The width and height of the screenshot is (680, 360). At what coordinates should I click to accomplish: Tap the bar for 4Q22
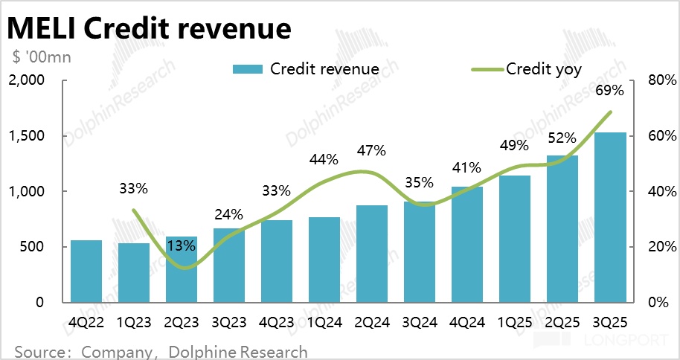pos(86,271)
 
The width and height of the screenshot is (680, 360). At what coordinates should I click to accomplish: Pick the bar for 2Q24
pos(371,254)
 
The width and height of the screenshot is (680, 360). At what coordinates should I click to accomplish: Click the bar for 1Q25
pos(514,239)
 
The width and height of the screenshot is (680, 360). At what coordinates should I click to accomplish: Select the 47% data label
pos(371,150)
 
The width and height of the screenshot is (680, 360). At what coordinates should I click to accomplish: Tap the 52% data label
pos(562,138)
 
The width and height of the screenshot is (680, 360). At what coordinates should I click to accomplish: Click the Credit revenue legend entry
pos(305,69)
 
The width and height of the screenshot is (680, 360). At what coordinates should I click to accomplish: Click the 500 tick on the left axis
pos(36,247)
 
